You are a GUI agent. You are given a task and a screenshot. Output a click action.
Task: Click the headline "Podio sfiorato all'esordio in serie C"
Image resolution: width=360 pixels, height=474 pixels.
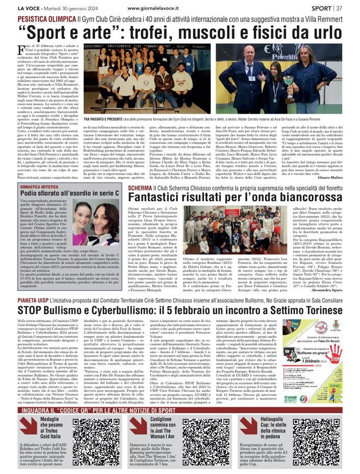point(70,194)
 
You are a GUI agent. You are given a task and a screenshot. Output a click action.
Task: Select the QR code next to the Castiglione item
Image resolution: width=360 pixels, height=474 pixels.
point(205,443)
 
